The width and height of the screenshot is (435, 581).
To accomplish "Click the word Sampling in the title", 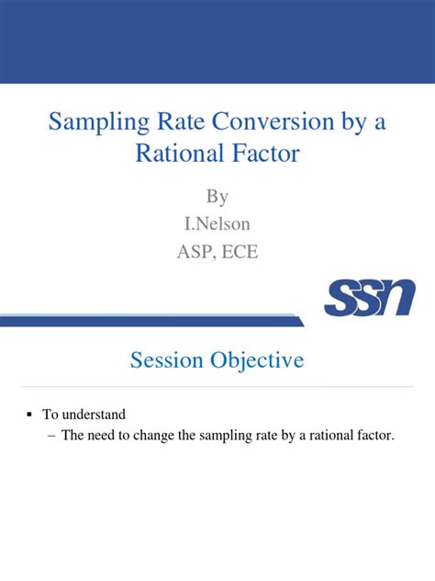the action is [99, 122].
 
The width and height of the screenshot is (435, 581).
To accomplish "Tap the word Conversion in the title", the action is [273, 121].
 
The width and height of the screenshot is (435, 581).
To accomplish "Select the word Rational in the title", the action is [180, 153].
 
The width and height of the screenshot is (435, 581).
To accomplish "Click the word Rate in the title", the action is [181, 121].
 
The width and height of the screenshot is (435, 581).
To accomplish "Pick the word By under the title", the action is [217, 197].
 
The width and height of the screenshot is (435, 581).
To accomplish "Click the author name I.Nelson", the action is [217, 223].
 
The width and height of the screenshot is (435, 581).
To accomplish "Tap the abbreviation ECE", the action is [240, 252].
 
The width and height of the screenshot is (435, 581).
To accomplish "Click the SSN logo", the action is [370, 298].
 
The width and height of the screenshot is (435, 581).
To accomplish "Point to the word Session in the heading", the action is [167, 359].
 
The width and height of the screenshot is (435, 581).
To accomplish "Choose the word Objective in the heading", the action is [257, 360].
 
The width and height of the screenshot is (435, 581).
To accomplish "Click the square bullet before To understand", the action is [29, 415].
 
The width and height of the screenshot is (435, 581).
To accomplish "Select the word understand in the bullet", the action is [94, 415].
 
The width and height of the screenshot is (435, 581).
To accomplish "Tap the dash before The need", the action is [51, 436].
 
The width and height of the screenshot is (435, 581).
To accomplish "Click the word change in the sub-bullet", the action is [153, 436].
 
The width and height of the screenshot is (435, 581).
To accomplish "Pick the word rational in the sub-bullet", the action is [331, 435].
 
